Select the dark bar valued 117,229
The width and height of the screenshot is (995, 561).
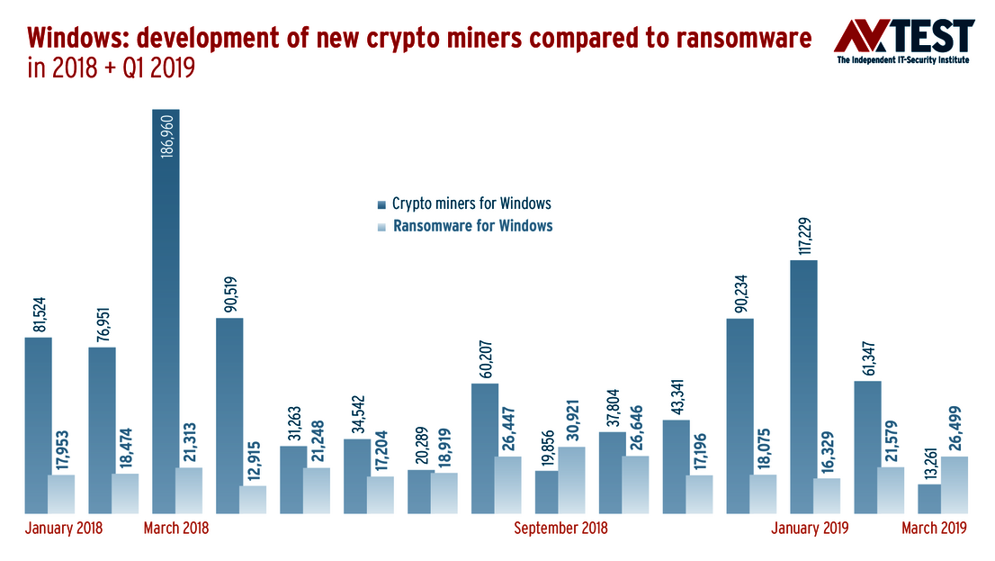803,387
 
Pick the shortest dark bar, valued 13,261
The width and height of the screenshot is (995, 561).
929,499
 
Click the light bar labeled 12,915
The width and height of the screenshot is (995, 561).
253,500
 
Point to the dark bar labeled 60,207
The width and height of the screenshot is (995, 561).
485,448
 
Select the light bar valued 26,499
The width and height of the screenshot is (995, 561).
955,484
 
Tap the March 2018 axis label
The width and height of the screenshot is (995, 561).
176,528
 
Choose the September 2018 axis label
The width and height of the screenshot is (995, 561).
560,528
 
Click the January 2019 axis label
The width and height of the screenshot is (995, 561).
810,528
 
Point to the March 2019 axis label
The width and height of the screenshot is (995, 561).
934,528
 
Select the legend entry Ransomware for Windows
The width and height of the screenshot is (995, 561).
472,225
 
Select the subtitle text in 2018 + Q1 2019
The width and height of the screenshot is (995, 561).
112,68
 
